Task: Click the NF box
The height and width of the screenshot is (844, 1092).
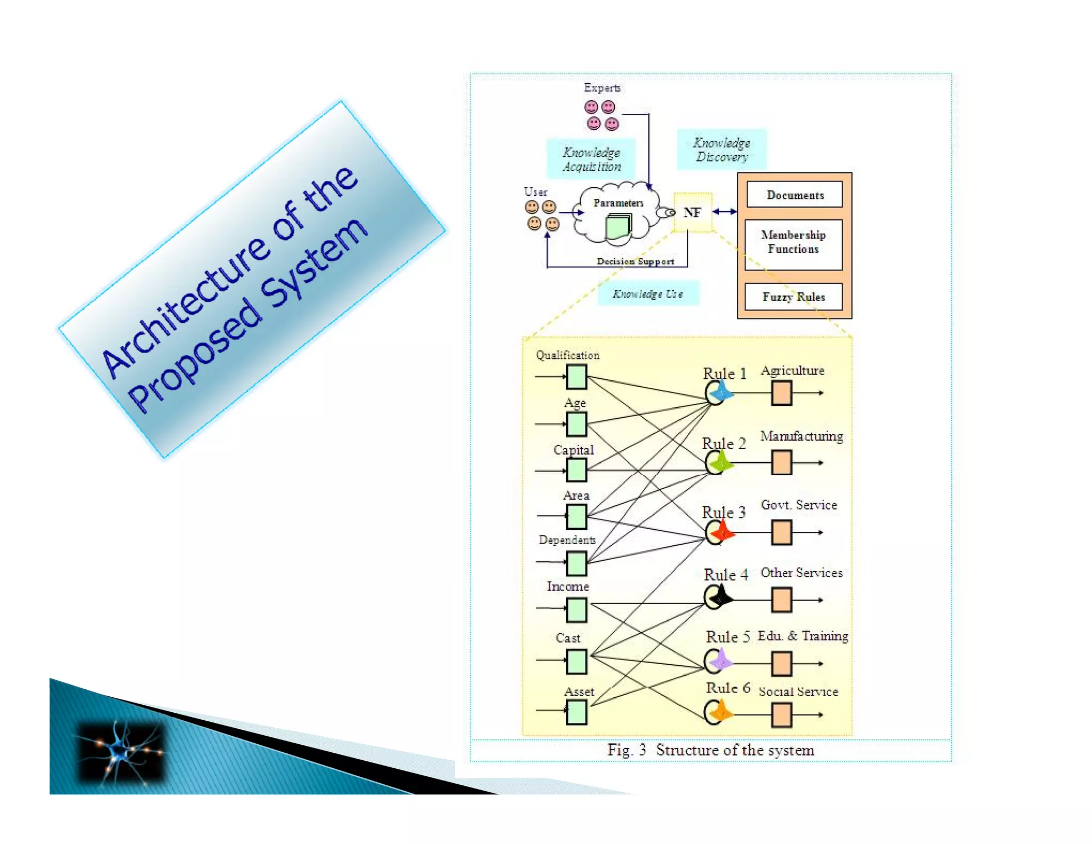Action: coord(693,212)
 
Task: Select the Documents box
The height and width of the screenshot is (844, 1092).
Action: coord(794,195)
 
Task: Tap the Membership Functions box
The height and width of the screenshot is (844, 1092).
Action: coord(793,242)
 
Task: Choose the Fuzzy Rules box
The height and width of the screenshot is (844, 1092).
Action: coord(793,297)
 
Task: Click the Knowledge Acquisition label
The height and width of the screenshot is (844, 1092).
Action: coord(591,159)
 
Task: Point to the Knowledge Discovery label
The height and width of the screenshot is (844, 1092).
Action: coord(721,150)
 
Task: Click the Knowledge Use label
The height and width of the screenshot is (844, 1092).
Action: coord(647,293)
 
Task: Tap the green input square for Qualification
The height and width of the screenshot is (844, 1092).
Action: coord(576,377)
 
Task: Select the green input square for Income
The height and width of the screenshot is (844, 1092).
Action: coord(576,609)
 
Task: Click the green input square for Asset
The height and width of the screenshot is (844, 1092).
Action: coord(576,712)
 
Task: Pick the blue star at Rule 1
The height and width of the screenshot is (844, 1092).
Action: coord(721,392)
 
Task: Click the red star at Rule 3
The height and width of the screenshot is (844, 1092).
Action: coord(722,531)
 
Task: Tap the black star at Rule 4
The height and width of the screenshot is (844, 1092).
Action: coord(721,596)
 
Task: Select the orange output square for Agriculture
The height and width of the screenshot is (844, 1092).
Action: coord(781,393)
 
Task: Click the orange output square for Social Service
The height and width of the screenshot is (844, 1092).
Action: coord(781,715)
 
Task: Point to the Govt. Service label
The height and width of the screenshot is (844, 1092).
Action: coord(798,505)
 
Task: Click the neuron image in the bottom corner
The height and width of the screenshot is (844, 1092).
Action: coord(121,752)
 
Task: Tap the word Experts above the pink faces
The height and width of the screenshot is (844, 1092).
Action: coord(602,87)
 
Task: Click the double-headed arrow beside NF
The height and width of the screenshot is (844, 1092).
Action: coord(725,212)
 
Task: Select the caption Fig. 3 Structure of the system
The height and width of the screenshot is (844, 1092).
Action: coord(710,750)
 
